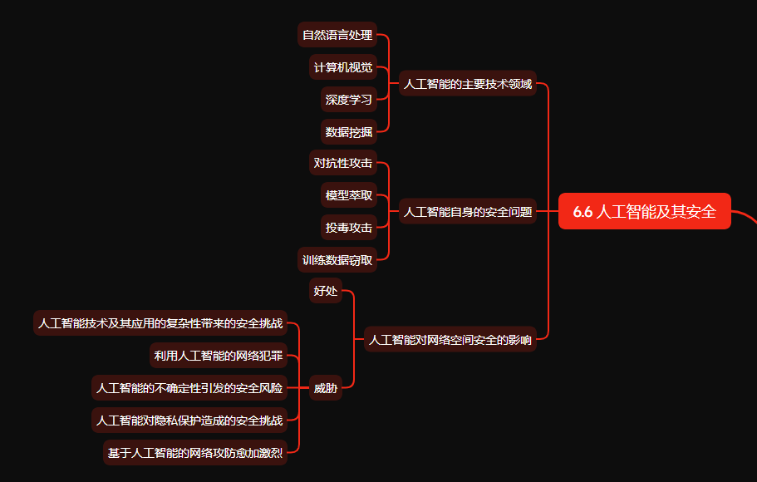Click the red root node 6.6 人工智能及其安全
coord(645,211)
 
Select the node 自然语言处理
coord(337,35)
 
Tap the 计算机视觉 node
coord(343,67)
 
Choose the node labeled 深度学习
coord(349,100)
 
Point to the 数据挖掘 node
coord(349,131)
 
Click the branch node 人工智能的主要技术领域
coord(468,83)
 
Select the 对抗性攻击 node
coord(343,163)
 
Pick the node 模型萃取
coord(349,195)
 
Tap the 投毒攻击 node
coord(349,227)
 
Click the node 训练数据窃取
coord(337,259)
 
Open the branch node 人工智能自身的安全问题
coord(468,211)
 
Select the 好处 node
coord(326,291)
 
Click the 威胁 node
coord(326,387)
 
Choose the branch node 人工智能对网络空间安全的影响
coord(450,339)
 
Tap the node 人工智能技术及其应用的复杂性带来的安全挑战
coord(160,323)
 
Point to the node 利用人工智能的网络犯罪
coord(219,356)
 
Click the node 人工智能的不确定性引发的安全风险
coord(189,387)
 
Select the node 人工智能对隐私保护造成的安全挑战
coord(189,420)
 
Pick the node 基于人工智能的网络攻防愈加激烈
coord(195,452)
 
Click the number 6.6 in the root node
coord(582,211)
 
